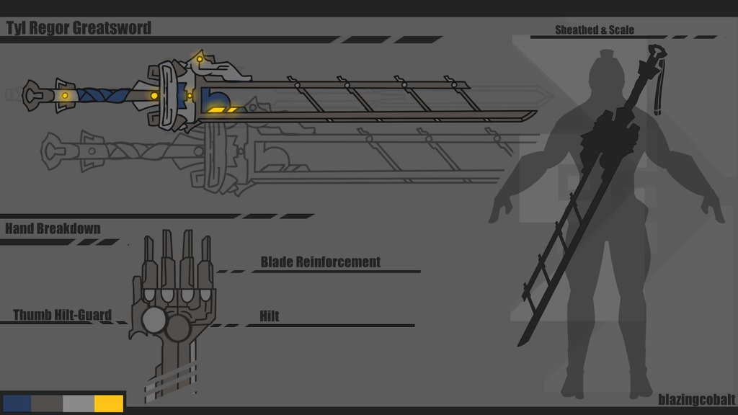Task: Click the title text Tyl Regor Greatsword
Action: (79, 28)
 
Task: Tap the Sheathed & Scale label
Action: (595, 30)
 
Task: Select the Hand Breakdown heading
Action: (53, 228)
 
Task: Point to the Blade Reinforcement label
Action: (321, 262)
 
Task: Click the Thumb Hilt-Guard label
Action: (62, 315)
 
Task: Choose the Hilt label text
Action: (270, 316)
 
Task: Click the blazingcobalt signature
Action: (697, 399)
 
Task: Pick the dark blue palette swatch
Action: (17, 403)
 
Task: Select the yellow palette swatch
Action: (109, 403)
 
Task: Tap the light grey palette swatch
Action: (79, 403)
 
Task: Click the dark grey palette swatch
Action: (47, 403)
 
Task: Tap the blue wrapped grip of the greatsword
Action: (105, 96)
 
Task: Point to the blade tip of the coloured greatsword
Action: (534, 113)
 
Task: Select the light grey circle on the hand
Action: (154, 321)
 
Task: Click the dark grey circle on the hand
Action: (179, 328)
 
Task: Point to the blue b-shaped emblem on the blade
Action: (215, 99)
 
